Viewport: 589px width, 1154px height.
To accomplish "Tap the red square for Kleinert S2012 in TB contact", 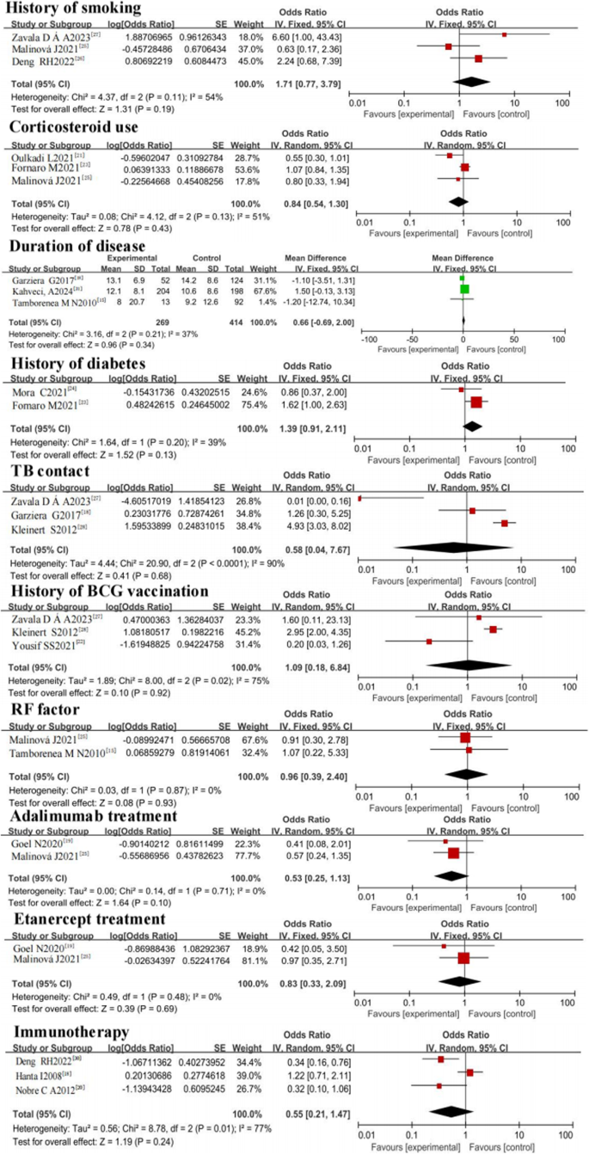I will (504, 523).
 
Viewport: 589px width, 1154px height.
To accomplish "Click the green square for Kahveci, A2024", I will (464, 289).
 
